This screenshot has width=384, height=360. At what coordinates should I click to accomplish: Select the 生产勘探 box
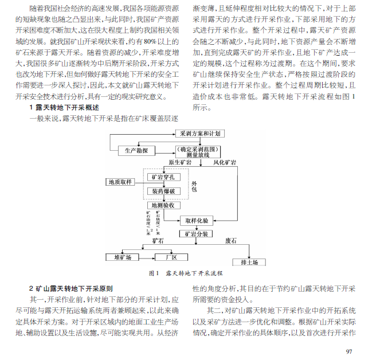click(135, 150)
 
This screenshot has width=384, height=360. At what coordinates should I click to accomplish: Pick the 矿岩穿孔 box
click(164, 177)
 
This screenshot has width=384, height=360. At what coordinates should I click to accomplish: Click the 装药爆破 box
click(164, 191)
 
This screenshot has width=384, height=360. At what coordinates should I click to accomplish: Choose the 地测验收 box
click(164, 205)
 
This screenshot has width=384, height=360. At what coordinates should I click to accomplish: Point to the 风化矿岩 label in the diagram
click(225, 163)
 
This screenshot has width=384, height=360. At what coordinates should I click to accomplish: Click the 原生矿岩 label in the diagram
click(180, 163)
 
